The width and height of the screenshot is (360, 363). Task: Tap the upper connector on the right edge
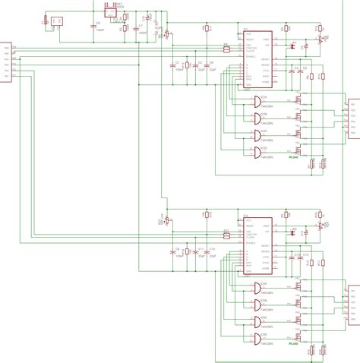354,118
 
